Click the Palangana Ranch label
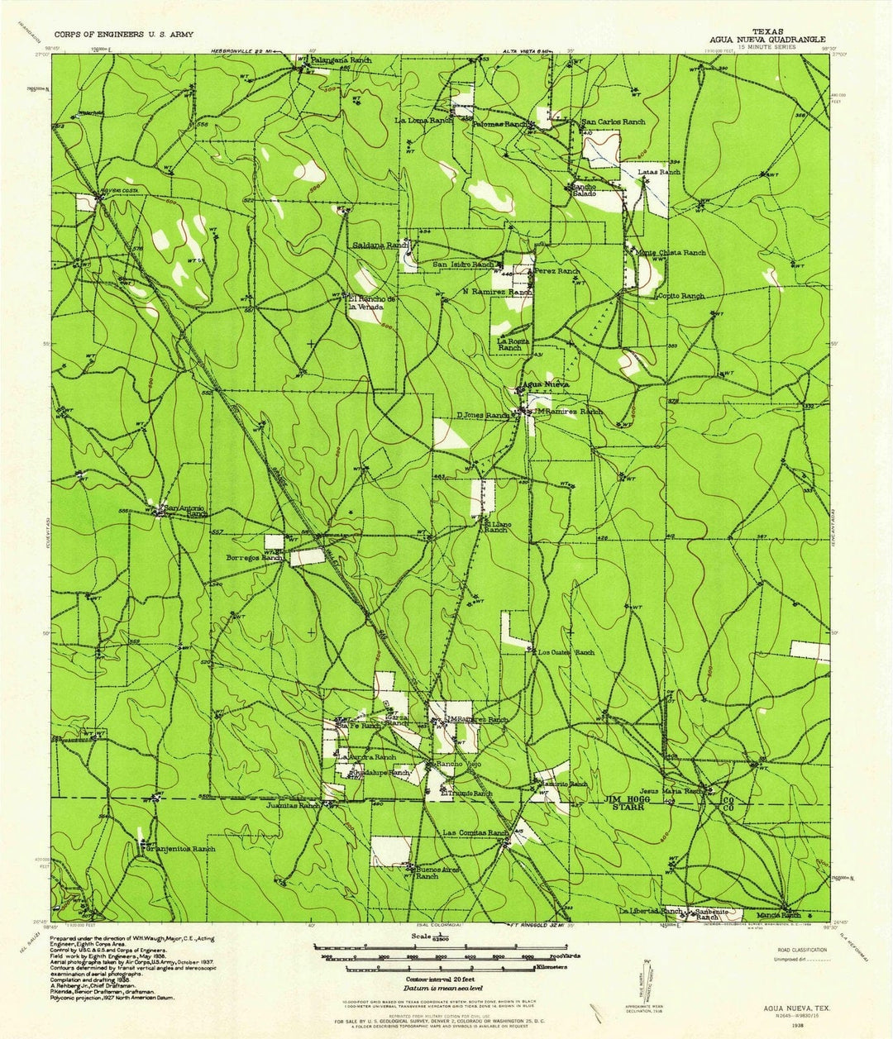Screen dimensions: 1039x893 point(341,61)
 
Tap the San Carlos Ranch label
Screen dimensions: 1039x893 point(614,122)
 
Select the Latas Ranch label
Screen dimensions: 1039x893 point(660,172)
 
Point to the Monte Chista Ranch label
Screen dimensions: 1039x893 point(671,252)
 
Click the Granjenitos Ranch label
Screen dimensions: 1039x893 point(180,849)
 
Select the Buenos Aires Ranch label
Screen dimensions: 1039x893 point(427,872)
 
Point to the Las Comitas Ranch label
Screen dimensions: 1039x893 point(475,832)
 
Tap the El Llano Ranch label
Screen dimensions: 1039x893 point(495,526)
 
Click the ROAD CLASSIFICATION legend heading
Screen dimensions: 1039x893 point(800,950)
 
